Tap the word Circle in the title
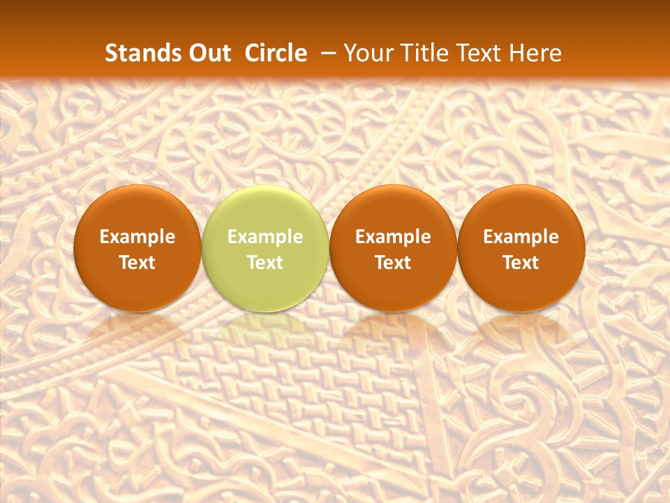click(276, 53)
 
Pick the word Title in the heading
click(426, 53)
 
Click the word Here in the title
click(535, 53)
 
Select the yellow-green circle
click(265, 248)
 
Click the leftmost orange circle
click(137, 248)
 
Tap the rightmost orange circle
click(521, 248)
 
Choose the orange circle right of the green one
click(393, 248)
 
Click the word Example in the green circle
click(265, 237)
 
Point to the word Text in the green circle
click(265, 263)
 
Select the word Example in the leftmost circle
click(137, 237)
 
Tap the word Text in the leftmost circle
click(137, 263)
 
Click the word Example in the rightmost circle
click(521, 237)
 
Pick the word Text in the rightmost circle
click(521, 263)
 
